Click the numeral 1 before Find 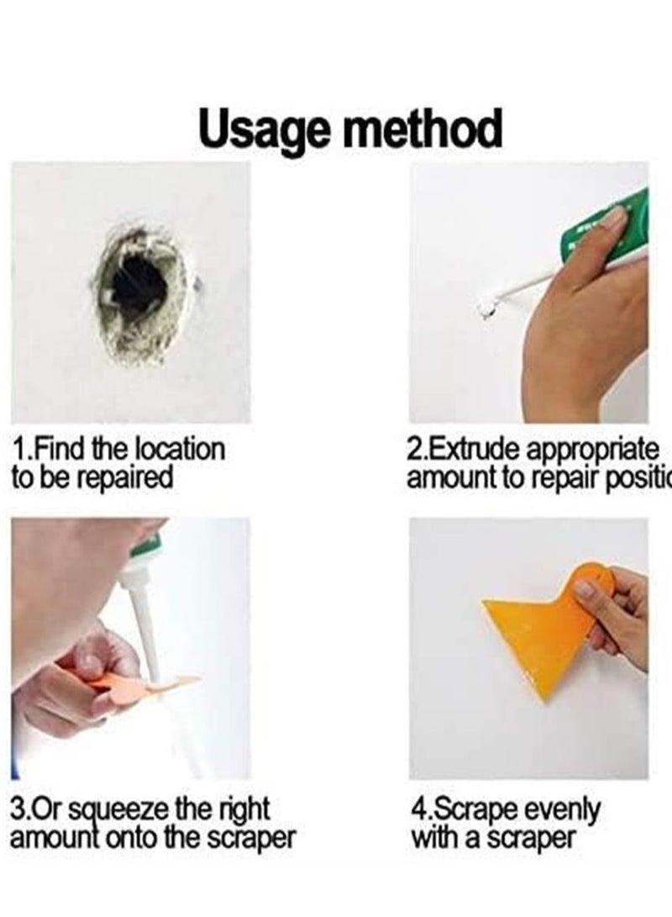pyautogui.click(x=18, y=449)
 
